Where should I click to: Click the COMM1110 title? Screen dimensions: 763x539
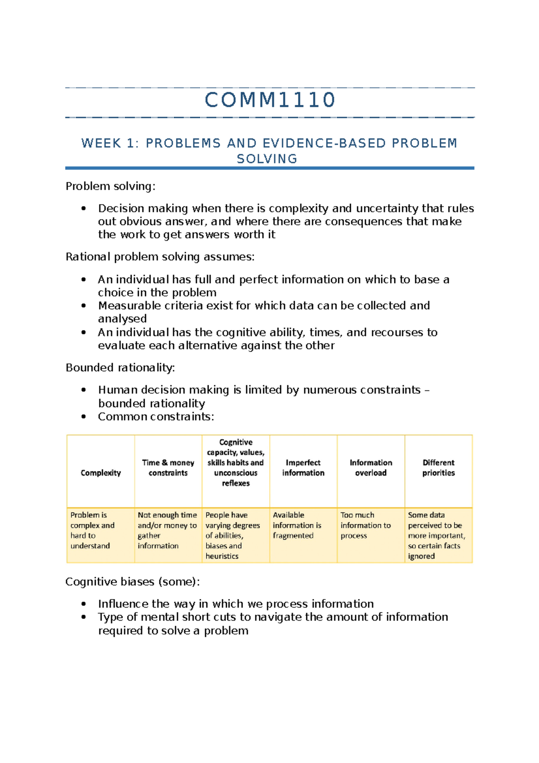pos(270,100)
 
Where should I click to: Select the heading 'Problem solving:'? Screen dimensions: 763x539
pos(110,186)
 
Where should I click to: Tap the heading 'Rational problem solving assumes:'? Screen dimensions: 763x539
pos(160,257)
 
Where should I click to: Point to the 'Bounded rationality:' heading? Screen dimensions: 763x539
pos(120,368)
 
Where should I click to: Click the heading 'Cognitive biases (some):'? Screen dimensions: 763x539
pos(133,581)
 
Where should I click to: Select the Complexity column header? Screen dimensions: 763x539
pos(101,473)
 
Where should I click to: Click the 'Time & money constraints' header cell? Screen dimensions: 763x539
pos(168,468)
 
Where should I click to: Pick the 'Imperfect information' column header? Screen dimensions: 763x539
pos(303,468)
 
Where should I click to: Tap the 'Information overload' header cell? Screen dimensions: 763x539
pos(371,468)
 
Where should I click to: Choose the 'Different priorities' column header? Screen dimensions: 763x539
pos(438,468)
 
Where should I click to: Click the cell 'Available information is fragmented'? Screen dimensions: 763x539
pos(297,525)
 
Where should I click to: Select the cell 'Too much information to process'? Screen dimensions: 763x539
pos(365,525)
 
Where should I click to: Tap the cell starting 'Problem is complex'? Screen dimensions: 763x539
pos(93,530)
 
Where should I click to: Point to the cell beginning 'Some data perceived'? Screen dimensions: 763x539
pos(436,535)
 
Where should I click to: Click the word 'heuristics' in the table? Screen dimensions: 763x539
pos(222,556)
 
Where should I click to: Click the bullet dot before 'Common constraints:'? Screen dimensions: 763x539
pos(84,417)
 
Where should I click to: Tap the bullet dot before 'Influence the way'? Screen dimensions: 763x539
pos(84,604)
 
